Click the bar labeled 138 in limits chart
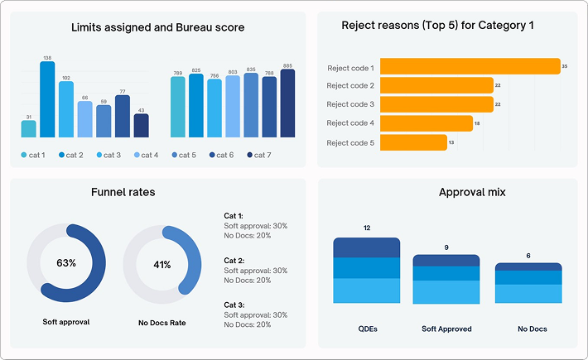47,99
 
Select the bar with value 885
287,103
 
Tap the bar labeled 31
29,128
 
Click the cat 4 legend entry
145,155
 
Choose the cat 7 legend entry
258,155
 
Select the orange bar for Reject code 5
414,142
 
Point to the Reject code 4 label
350,123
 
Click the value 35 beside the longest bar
564,66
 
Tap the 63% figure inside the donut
66,263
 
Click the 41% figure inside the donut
162,265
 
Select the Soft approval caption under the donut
66,321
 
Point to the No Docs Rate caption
161,321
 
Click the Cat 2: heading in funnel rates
235,260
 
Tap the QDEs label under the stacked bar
366,329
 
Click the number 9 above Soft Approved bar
446,247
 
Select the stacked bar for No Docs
528,284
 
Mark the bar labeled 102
66,109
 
